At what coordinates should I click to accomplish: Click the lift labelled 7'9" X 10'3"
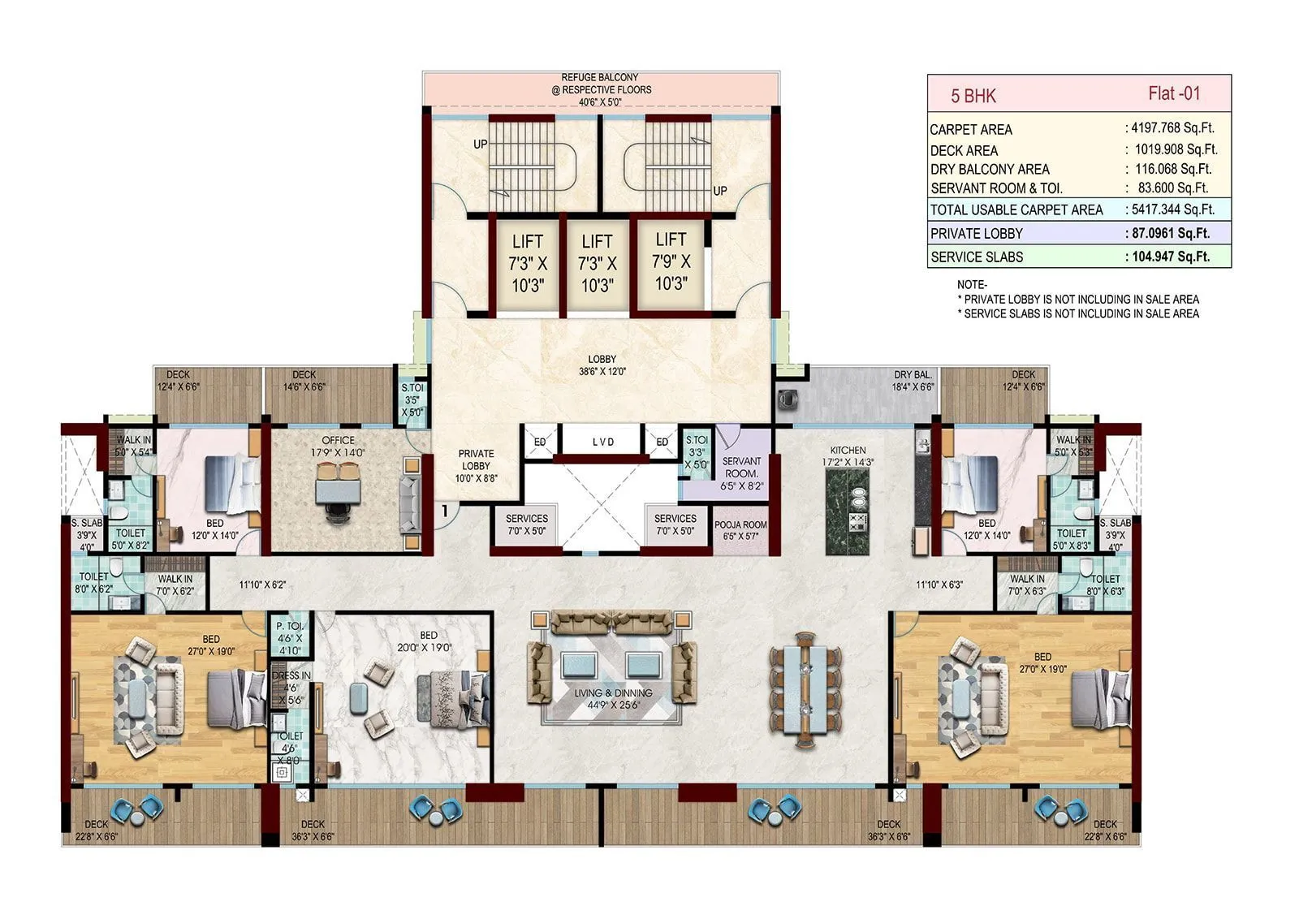(x=671, y=261)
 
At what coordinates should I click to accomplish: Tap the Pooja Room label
(x=740, y=530)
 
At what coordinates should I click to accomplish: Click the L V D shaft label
(x=603, y=442)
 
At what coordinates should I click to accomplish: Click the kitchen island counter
(x=848, y=511)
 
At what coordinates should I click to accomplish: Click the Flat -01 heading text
(x=1173, y=93)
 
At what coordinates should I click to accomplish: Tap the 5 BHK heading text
(x=973, y=96)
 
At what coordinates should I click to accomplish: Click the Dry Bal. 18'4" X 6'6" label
(x=913, y=381)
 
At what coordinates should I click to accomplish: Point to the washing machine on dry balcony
(x=787, y=399)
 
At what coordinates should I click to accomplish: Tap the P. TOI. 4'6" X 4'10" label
(x=290, y=638)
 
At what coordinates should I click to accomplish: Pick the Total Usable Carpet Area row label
(x=1016, y=209)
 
